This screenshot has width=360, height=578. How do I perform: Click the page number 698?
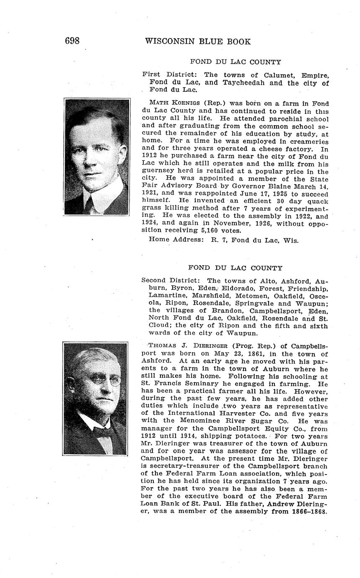tap(72, 41)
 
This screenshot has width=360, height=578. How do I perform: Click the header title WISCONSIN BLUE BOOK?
tap(198, 41)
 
